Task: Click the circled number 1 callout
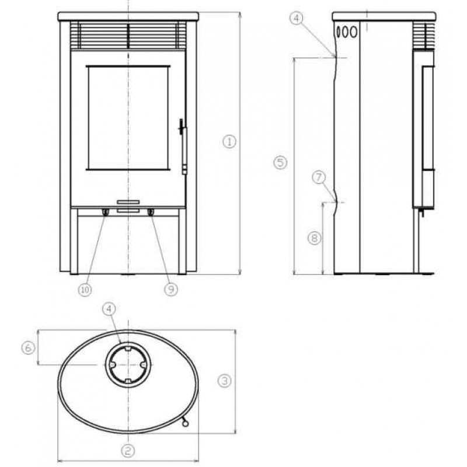point(229,142)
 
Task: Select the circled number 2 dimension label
point(128,451)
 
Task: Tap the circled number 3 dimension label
point(224,381)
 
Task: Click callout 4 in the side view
point(296,19)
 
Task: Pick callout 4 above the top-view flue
point(109,309)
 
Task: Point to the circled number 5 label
point(280,163)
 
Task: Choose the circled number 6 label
point(28,348)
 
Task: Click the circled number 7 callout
point(319,177)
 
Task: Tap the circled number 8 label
point(314,238)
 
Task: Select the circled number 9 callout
point(171,289)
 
